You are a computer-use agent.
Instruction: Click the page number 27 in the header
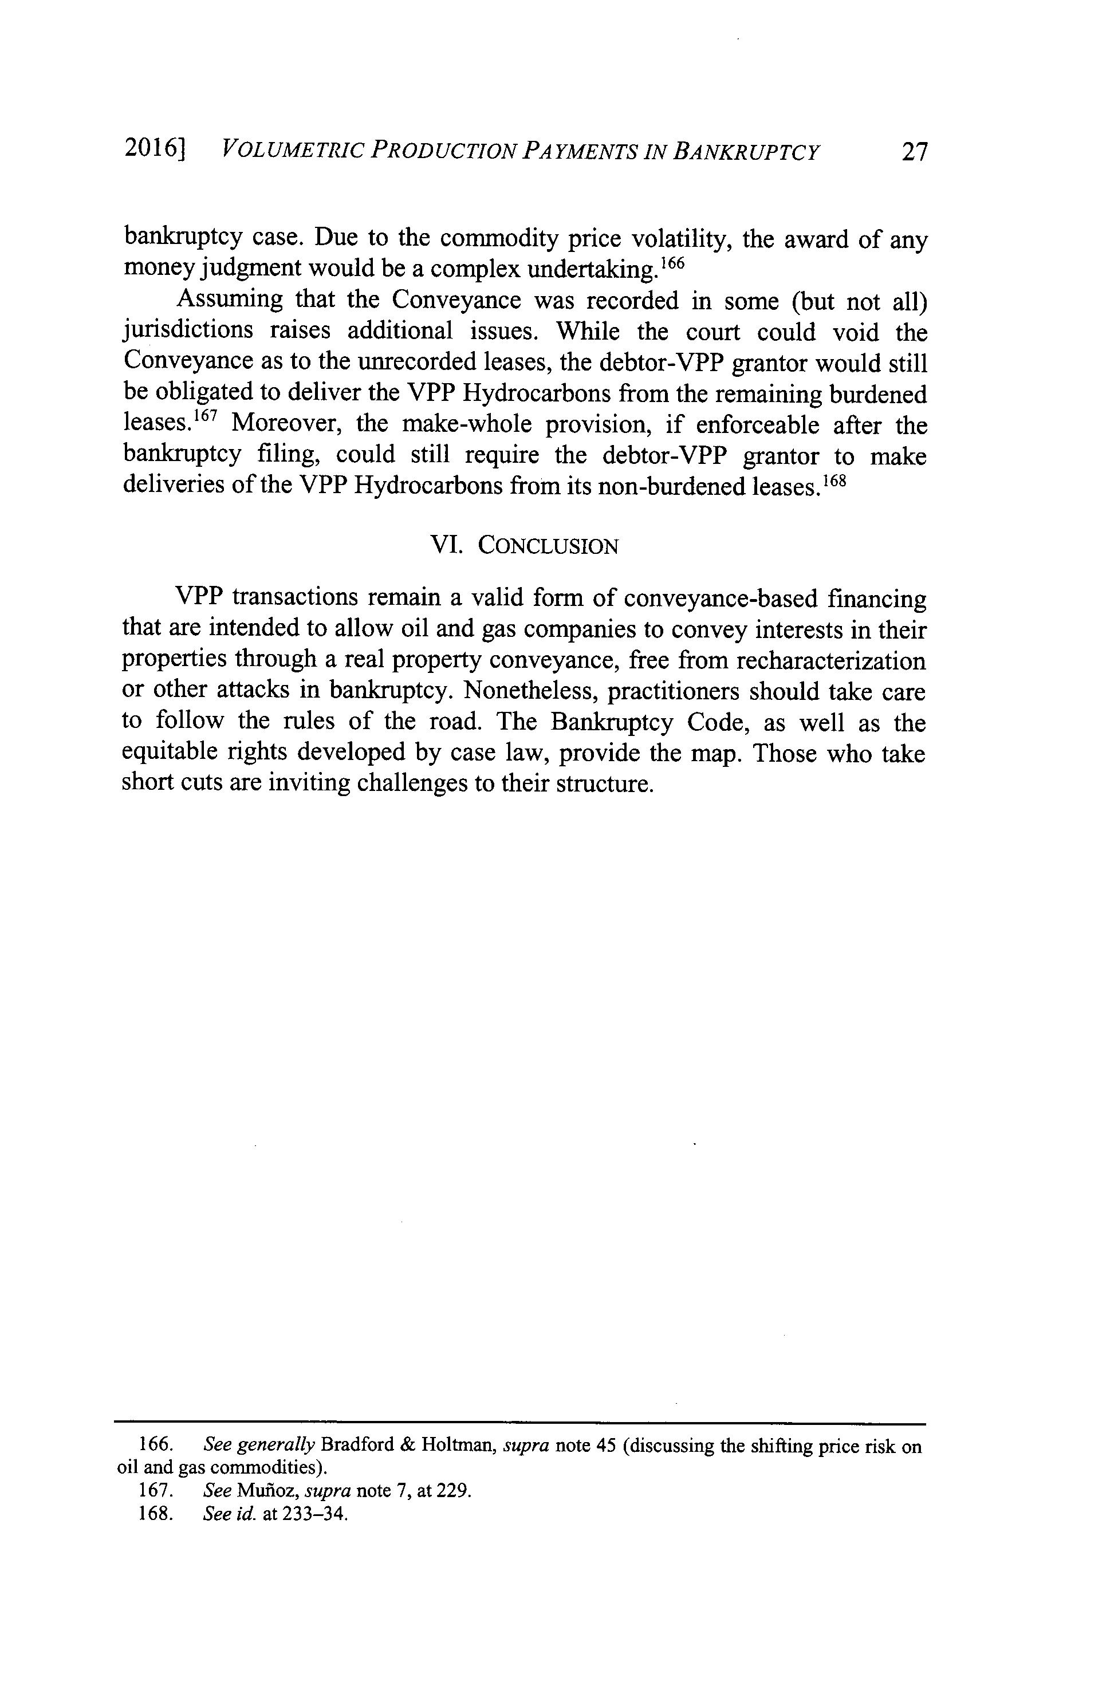tap(915, 152)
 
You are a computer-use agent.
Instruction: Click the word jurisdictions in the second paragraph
tap(188, 332)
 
